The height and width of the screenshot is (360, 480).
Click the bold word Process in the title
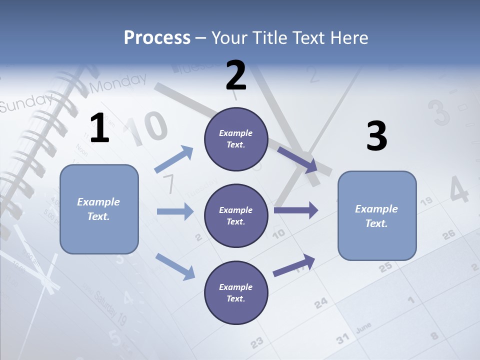click(157, 37)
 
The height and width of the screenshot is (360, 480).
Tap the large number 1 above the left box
click(99, 128)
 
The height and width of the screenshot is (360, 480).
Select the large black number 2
click(236, 75)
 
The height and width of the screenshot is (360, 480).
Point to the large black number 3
click(376, 136)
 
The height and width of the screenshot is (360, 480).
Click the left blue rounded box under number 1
click(99, 209)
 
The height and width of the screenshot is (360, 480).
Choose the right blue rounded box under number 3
click(377, 216)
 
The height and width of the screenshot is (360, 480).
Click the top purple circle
click(236, 139)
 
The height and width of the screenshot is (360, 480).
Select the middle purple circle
click(236, 216)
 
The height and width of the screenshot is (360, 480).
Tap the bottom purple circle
click(236, 292)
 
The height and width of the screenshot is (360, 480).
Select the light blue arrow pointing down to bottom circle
click(175, 266)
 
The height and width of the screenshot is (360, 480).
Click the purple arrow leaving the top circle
click(298, 159)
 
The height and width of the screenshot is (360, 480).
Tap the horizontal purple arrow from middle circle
click(296, 210)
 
